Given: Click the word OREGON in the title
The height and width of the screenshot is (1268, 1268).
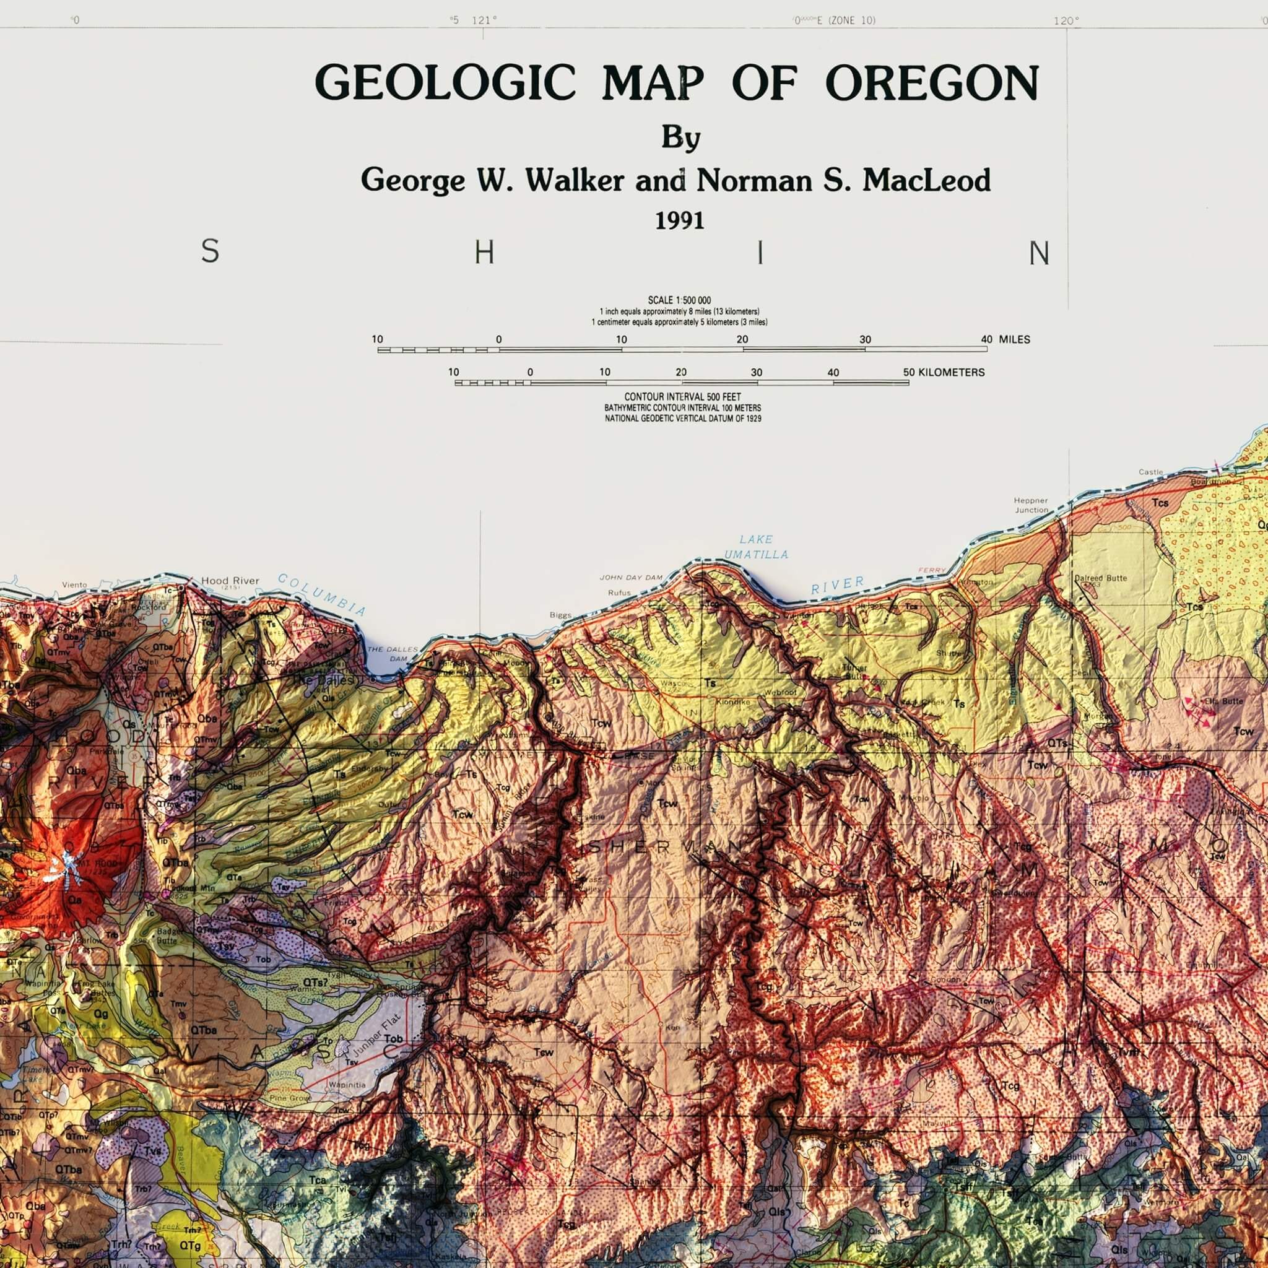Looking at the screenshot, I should point(932,84).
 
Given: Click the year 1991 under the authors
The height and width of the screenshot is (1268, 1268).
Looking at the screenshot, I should point(680,220).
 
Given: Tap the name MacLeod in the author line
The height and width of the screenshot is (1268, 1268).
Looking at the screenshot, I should point(926,181).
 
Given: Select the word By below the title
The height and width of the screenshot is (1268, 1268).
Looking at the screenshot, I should point(680,139).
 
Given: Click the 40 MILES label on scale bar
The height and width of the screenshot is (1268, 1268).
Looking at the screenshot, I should point(1005,339).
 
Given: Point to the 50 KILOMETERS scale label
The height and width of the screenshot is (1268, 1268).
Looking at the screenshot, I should point(943,372).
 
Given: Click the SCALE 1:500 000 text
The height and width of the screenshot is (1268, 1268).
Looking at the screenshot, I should point(679,300).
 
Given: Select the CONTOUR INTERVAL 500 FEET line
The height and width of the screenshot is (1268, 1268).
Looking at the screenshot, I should point(682,397).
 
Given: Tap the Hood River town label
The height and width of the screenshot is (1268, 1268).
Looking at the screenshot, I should point(230,581).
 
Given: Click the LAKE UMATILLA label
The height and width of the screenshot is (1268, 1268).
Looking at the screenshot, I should point(756,547).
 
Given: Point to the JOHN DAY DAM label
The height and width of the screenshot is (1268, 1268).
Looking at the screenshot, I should point(632,578).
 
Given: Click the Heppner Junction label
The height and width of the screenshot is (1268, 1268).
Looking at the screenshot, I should point(1031,505).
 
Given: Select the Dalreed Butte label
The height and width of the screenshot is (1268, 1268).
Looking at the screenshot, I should point(1101,578).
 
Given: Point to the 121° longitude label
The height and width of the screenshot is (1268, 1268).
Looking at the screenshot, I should point(484,20).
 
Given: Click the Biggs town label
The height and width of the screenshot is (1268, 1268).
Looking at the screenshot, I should point(560,615).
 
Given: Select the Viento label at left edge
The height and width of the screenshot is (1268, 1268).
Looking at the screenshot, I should point(74,584).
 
